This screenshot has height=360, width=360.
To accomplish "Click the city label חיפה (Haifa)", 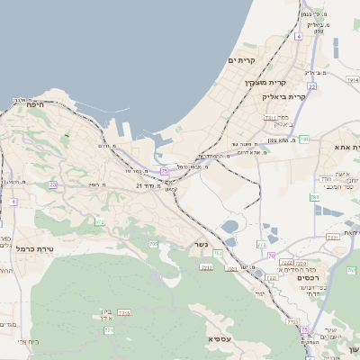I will pyautogui.click(x=36, y=105).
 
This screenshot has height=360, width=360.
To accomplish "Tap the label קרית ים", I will pyautogui.click(x=242, y=60).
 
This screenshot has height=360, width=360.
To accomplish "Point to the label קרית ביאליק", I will pyautogui.click(x=284, y=96).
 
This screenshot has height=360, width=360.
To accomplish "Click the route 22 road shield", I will pyautogui.click(x=311, y=86).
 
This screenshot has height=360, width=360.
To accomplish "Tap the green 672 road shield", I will pyautogui.click(x=100, y=221).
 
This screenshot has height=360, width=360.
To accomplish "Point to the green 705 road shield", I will pyautogui.click(x=153, y=244).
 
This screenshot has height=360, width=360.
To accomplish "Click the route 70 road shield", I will pyautogui.click(x=271, y=256).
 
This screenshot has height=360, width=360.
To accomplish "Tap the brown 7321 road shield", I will pyautogui.click(x=332, y=237).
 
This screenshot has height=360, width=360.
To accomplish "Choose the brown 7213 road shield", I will pyautogui.click(x=124, y=313).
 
